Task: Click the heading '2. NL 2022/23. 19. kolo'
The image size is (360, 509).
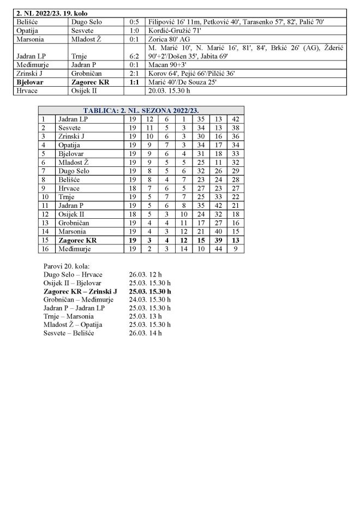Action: point(52,13)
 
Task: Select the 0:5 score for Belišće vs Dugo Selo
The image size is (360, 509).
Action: point(134,22)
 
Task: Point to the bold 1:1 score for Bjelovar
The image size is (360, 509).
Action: point(134,82)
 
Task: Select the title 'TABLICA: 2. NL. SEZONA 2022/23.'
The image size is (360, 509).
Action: point(141,110)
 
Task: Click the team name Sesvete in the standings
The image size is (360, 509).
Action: point(70,127)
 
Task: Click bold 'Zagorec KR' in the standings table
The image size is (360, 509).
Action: point(77,240)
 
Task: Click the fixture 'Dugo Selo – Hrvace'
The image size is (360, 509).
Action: point(73,274)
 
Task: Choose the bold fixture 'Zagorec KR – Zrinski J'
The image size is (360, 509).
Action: point(80,291)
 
